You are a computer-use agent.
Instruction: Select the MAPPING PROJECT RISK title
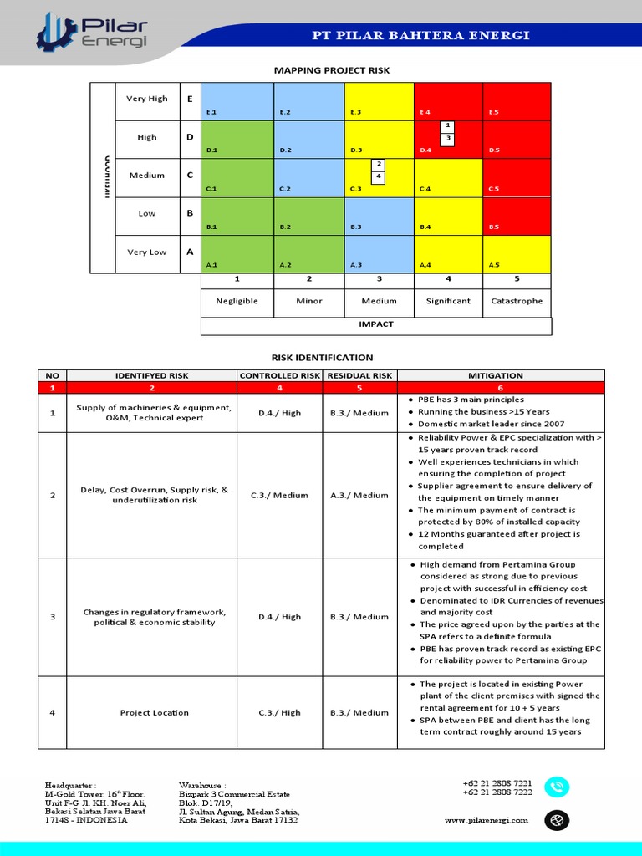[x=332, y=71]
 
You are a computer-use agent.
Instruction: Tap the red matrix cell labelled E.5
[x=517, y=101]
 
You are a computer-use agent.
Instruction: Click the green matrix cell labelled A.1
[x=237, y=254]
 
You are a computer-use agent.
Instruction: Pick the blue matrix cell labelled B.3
[x=379, y=216]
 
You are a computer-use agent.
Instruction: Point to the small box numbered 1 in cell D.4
[x=448, y=125]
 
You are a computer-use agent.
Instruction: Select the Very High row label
[x=146, y=99]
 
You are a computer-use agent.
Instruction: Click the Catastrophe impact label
[x=517, y=301]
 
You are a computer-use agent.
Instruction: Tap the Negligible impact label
[x=237, y=301]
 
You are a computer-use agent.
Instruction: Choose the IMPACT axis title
[x=376, y=324]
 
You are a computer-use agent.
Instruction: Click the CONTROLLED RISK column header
[x=280, y=376]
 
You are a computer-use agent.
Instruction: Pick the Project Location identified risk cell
[x=154, y=713]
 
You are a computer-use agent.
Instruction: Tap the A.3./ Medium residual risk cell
[x=359, y=496]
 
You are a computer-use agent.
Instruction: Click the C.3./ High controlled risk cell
[x=280, y=713]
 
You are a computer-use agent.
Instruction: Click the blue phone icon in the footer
[x=556, y=787]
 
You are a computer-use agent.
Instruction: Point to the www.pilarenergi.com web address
[x=487, y=820]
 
